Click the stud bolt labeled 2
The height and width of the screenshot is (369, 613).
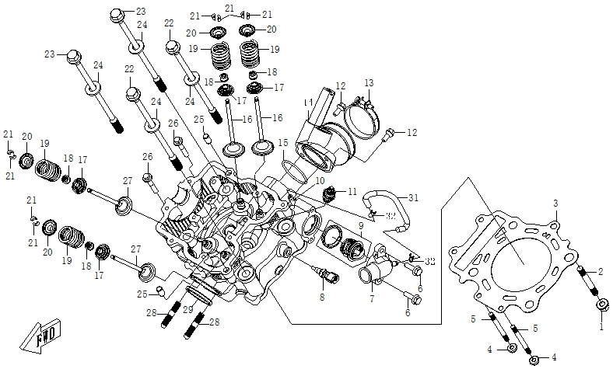point(589,283)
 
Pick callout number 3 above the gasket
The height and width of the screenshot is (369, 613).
point(555,204)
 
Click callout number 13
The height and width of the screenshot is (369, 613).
point(369,82)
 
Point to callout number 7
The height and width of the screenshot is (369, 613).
point(372,298)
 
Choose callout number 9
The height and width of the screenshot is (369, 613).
point(361,226)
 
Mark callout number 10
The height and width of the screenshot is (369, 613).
point(319,181)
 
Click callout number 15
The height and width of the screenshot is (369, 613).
point(283,143)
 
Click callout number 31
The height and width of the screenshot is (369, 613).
point(413,197)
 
